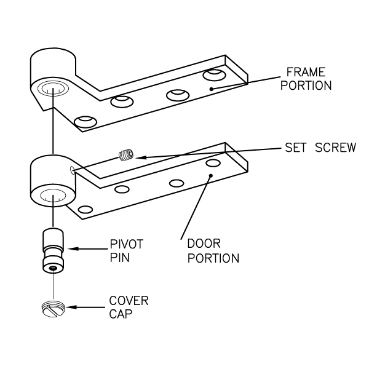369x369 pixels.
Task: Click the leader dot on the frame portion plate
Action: pyautogui.click(x=211, y=89)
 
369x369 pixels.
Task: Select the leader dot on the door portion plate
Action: pyautogui.click(x=211, y=177)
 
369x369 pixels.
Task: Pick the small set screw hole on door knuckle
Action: pyautogui.click(x=73, y=170)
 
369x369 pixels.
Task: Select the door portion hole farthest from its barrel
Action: pyautogui.click(x=213, y=163)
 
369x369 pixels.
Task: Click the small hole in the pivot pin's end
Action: pyautogui.click(x=54, y=269)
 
